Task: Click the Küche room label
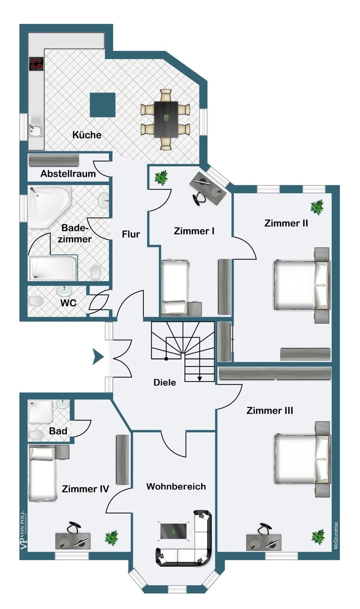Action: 87,135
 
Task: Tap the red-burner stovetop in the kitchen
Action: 37,63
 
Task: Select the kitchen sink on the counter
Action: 36,127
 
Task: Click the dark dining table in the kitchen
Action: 166,119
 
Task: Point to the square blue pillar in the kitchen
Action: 103,105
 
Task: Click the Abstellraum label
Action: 68,174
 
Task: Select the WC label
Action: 68,303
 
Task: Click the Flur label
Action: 131,234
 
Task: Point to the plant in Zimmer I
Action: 161,177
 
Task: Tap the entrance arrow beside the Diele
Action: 98,356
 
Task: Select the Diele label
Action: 165,382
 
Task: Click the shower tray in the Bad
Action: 41,412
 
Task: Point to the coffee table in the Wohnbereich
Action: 173,531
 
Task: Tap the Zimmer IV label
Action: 85,489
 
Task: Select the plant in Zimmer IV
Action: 112,538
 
